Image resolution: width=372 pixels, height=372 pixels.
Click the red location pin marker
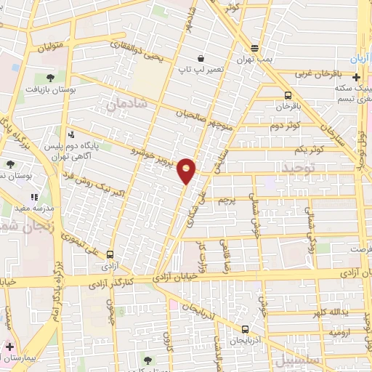(x=187, y=171)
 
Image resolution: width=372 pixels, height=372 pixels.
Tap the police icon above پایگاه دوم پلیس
(x=70, y=134)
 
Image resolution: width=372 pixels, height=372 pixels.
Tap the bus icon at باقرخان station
(x=288, y=95)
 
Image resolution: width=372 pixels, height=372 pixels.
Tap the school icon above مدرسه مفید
(x=33, y=196)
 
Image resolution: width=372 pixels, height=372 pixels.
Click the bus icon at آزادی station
(x=109, y=254)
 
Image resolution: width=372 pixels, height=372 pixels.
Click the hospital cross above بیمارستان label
(x=9, y=347)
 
